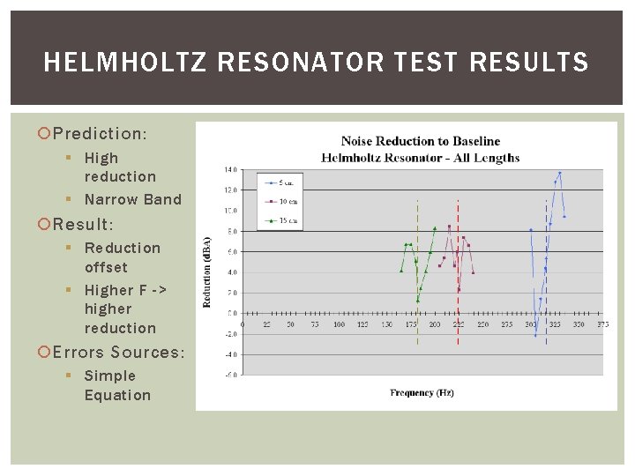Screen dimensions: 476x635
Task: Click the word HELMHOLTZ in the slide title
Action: (x=114, y=63)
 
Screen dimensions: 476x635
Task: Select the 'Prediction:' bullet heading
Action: (x=100, y=134)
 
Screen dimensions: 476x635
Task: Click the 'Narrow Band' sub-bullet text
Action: (x=132, y=199)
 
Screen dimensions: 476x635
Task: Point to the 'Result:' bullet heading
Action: (x=83, y=225)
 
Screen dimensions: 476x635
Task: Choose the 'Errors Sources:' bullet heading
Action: (x=119, y=353)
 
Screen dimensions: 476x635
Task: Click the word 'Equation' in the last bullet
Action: (x=117, y=395)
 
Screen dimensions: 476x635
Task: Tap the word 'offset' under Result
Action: (x=106, y=267)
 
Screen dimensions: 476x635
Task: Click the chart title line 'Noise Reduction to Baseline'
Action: (x=420, y=141)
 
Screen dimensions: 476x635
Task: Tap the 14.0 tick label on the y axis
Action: (x=230, y=169)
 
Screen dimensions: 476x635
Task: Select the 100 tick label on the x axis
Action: (x=339, y=325)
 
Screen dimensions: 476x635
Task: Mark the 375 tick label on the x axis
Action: (x=602, y=325)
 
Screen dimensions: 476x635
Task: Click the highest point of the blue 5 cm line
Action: (x=560, y=173)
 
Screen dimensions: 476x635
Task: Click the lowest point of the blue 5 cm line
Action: (x=535, y=335)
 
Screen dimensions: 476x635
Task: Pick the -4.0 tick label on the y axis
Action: (x=229, y=354)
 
